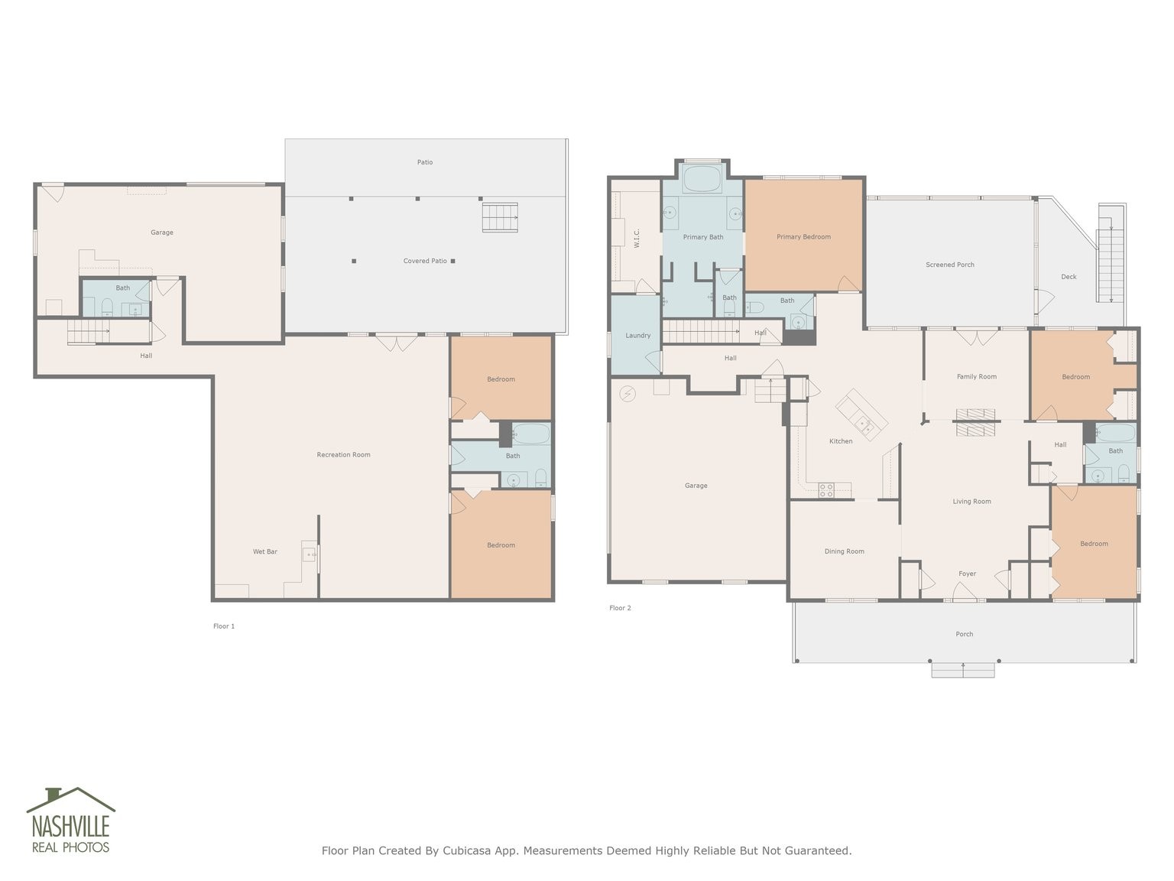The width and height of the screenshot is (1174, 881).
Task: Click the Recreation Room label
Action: click(343, 455)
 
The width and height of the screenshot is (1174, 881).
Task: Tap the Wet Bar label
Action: click(264, 551)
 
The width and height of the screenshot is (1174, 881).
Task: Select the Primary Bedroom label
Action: click(803, 237)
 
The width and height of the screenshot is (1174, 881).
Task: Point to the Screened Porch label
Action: click(949, 265)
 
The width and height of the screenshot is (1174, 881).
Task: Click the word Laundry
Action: click(637, 336)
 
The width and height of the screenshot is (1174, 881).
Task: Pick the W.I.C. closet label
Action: click(637, 239)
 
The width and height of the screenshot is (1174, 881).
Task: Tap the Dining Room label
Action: click(844, 551)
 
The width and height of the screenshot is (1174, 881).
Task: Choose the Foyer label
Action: click(967, 574)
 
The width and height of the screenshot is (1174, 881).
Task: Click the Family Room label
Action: click(976, 376)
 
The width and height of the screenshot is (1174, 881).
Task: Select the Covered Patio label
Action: click(425, 261)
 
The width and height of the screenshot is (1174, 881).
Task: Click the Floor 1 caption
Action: click(224, 626)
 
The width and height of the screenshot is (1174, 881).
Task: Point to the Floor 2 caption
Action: click(620, 608)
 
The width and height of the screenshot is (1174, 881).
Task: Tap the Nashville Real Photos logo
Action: click(70, 820)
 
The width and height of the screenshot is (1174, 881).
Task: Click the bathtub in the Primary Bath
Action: click(702, 179)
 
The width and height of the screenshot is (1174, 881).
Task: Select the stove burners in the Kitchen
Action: click(826, 490)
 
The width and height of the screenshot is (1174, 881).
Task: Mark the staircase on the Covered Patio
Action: click(500, 217)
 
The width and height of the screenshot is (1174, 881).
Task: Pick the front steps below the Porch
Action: click(963, 670)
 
